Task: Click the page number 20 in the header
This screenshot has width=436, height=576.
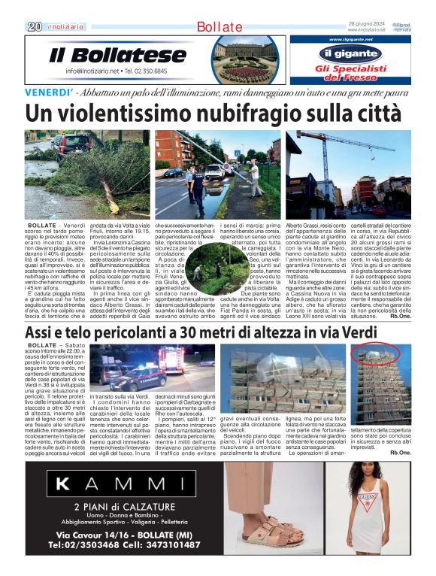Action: [34, 26]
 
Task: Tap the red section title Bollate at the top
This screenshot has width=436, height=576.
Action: [220, 27]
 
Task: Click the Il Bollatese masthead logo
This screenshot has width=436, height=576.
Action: [118, 54]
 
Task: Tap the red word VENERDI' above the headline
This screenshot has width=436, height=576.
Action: [50, 92]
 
